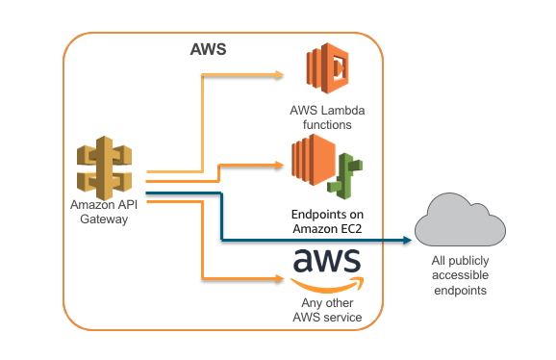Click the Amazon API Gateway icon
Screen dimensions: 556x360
(x=104, y=167)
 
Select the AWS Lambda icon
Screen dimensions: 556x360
(x=328, y=68)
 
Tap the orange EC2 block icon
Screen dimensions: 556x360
(x=314, y=160)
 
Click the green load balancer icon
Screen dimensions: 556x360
(x=344, y=176)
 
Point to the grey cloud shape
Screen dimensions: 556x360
(x=460, y=219)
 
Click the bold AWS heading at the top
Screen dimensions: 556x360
(x=208, y=49)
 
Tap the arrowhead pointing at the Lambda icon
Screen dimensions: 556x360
(x=279, y=75)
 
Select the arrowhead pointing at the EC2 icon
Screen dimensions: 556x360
(x=279, y=165)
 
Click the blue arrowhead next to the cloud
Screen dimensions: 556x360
(x=407, y=240)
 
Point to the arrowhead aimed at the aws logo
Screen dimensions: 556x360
(x=279, y=279)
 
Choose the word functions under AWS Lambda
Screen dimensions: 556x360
(x=327, y=125)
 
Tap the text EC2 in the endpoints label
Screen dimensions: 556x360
(x=350, y=229)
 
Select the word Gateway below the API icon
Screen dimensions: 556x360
(x=104, y=219)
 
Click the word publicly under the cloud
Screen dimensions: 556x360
(x=468, y=261)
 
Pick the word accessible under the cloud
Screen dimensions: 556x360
(x=460, y=275)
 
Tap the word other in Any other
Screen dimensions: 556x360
(x=341, y=303)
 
